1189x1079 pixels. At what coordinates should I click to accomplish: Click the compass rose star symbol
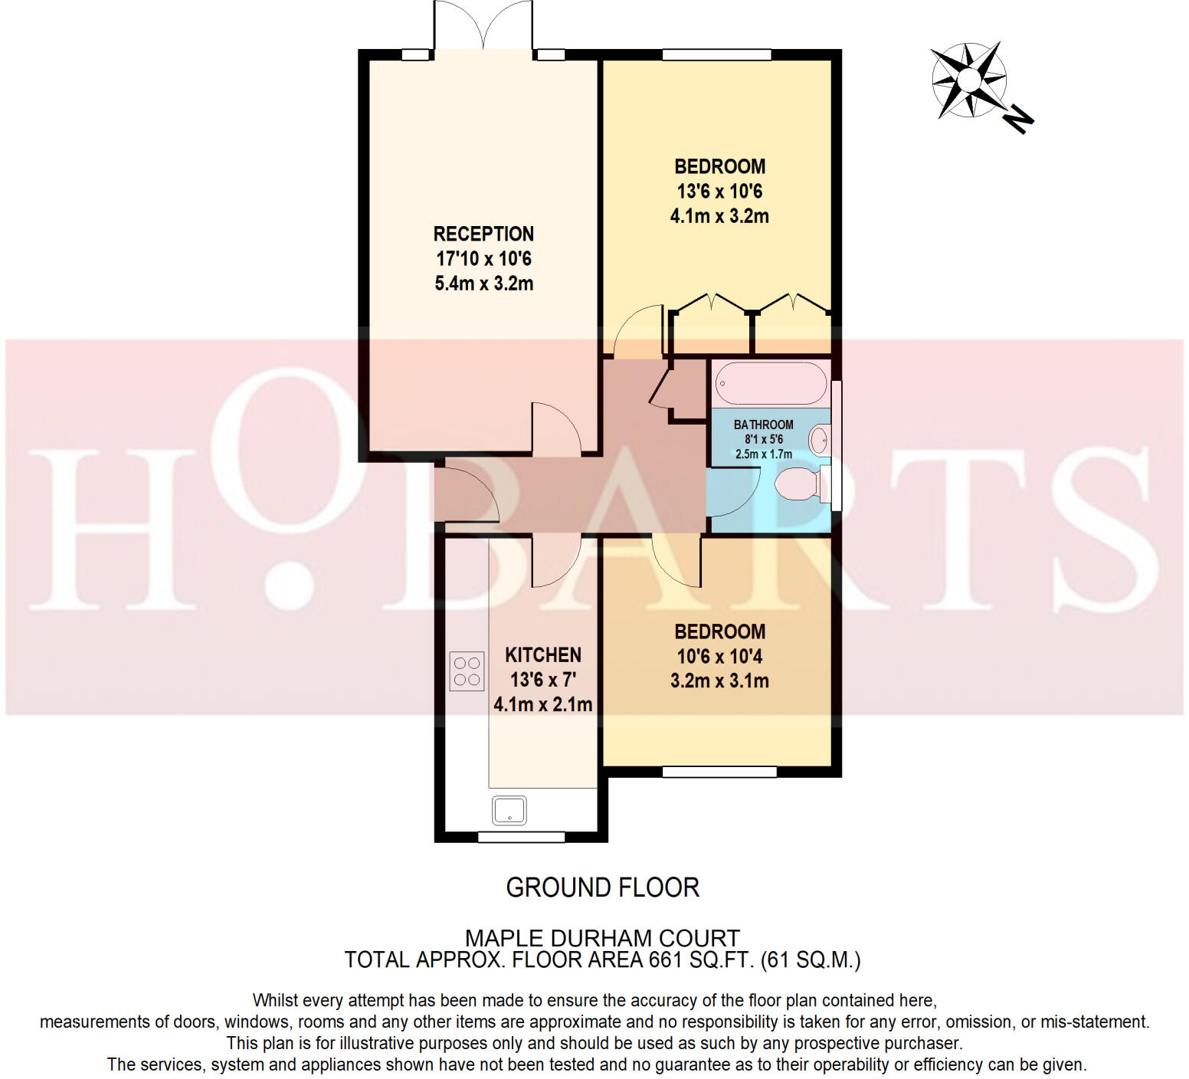968,80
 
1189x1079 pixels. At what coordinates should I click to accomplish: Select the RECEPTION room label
483,234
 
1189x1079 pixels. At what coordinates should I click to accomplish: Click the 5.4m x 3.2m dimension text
483,284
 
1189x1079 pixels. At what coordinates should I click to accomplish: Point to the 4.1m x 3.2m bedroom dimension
719,216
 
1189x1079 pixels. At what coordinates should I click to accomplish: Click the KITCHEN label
543,655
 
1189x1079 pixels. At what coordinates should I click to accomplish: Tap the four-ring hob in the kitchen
467,671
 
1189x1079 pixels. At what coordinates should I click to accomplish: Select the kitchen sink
509,810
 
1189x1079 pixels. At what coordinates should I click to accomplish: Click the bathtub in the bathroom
770,383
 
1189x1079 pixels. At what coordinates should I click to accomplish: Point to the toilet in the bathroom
797,485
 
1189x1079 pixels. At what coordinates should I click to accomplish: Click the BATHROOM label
763,425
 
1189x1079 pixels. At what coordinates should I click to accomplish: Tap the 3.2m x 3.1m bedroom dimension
719,681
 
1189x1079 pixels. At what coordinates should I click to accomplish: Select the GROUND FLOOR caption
602,887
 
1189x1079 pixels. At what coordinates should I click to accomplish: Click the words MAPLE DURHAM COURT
602,938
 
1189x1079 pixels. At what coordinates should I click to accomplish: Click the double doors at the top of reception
483,27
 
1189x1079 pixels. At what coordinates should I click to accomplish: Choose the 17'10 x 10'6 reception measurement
483,259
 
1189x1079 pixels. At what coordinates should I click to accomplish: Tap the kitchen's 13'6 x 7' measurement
543,680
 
